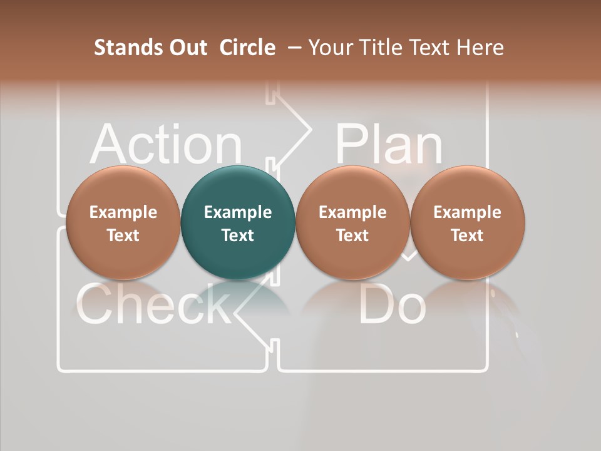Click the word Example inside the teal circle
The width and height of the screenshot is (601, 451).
238,212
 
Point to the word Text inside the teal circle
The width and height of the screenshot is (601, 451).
238,236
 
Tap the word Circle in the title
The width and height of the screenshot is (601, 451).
247,48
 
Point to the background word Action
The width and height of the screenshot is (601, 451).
165,145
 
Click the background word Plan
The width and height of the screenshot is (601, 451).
388,143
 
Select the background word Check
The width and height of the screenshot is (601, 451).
153,304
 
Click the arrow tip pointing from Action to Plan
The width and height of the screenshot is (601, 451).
308,129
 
